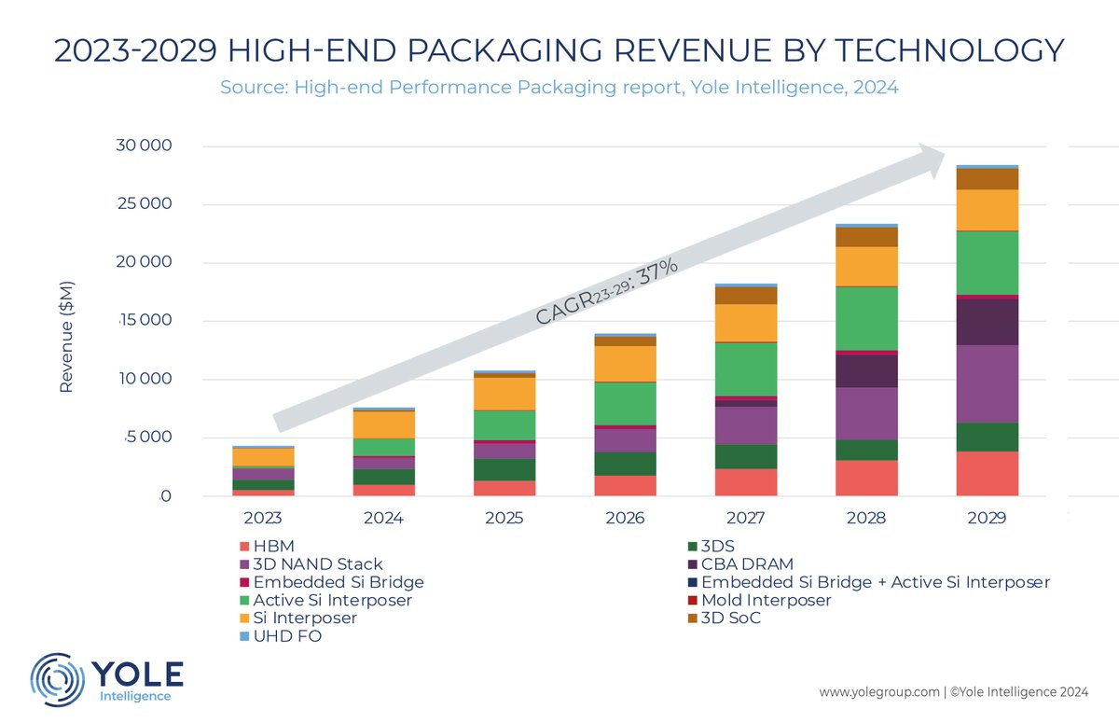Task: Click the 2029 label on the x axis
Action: point(986,517)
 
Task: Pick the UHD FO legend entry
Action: point(283,636)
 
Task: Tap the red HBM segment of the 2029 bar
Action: point(986,473)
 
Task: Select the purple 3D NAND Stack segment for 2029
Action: point(986,383)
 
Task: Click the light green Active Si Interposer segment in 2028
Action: point(866,318)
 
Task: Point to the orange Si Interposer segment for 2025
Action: point(504,393)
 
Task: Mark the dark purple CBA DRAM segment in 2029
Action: point(986,322)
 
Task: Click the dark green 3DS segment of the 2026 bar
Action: point(625,464)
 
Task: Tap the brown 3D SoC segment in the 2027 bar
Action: point(746,295)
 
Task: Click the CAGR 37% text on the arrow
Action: point(606,292)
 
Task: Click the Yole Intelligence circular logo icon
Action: point(59,680)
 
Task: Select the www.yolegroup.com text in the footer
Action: point(878,692)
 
